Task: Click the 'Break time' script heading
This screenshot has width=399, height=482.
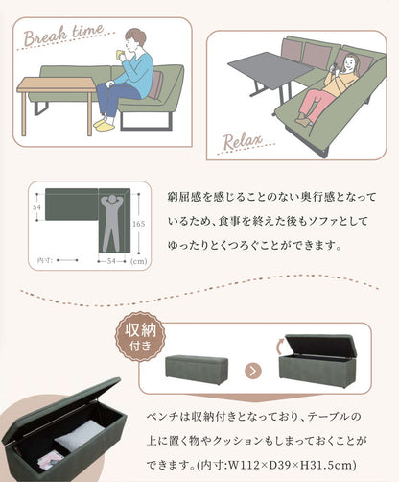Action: point(60,35)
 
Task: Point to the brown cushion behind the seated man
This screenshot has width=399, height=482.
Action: point(155,85)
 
